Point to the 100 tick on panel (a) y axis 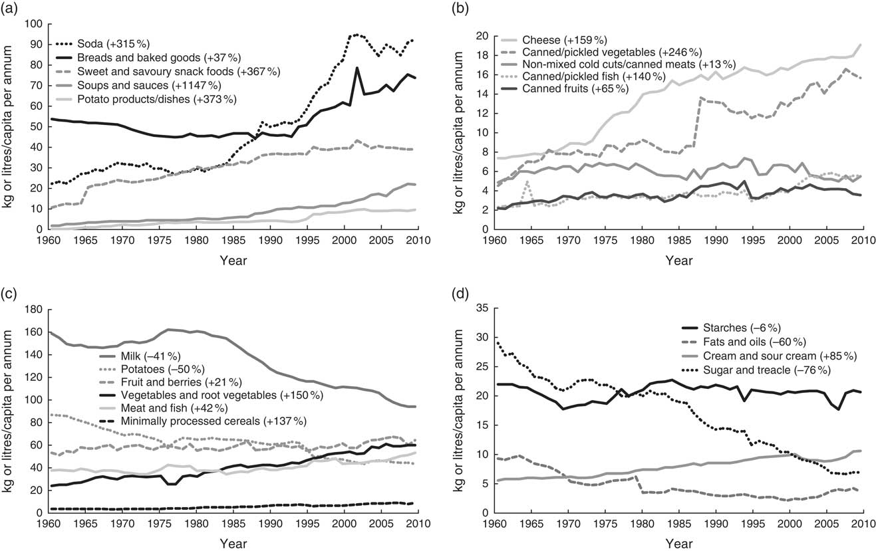coord(32,24)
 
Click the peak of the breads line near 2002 coord(357,68)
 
